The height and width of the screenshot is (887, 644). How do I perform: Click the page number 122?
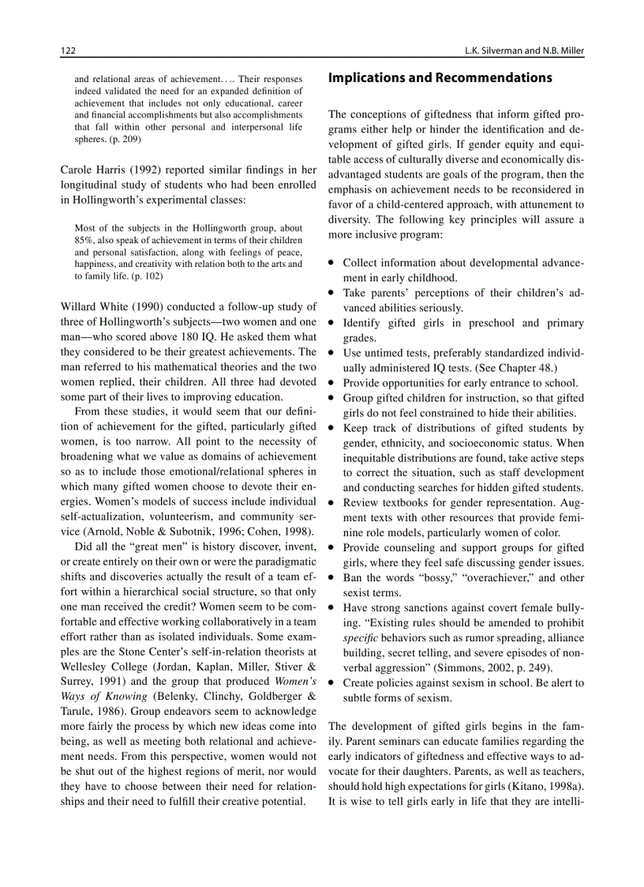click(68, 51)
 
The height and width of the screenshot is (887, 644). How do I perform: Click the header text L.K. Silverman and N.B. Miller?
click(514, 51)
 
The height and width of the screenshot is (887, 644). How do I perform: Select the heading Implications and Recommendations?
click(440, 78)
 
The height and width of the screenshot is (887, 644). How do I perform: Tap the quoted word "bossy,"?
click(428, 577)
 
